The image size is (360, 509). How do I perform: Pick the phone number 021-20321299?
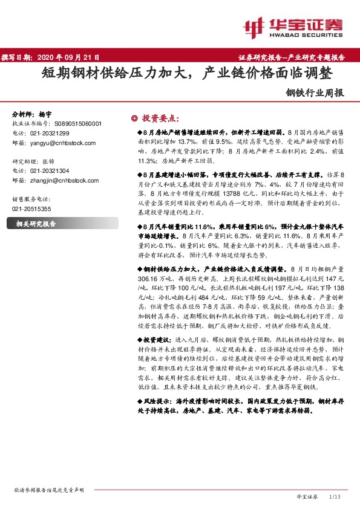point(49,133)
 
